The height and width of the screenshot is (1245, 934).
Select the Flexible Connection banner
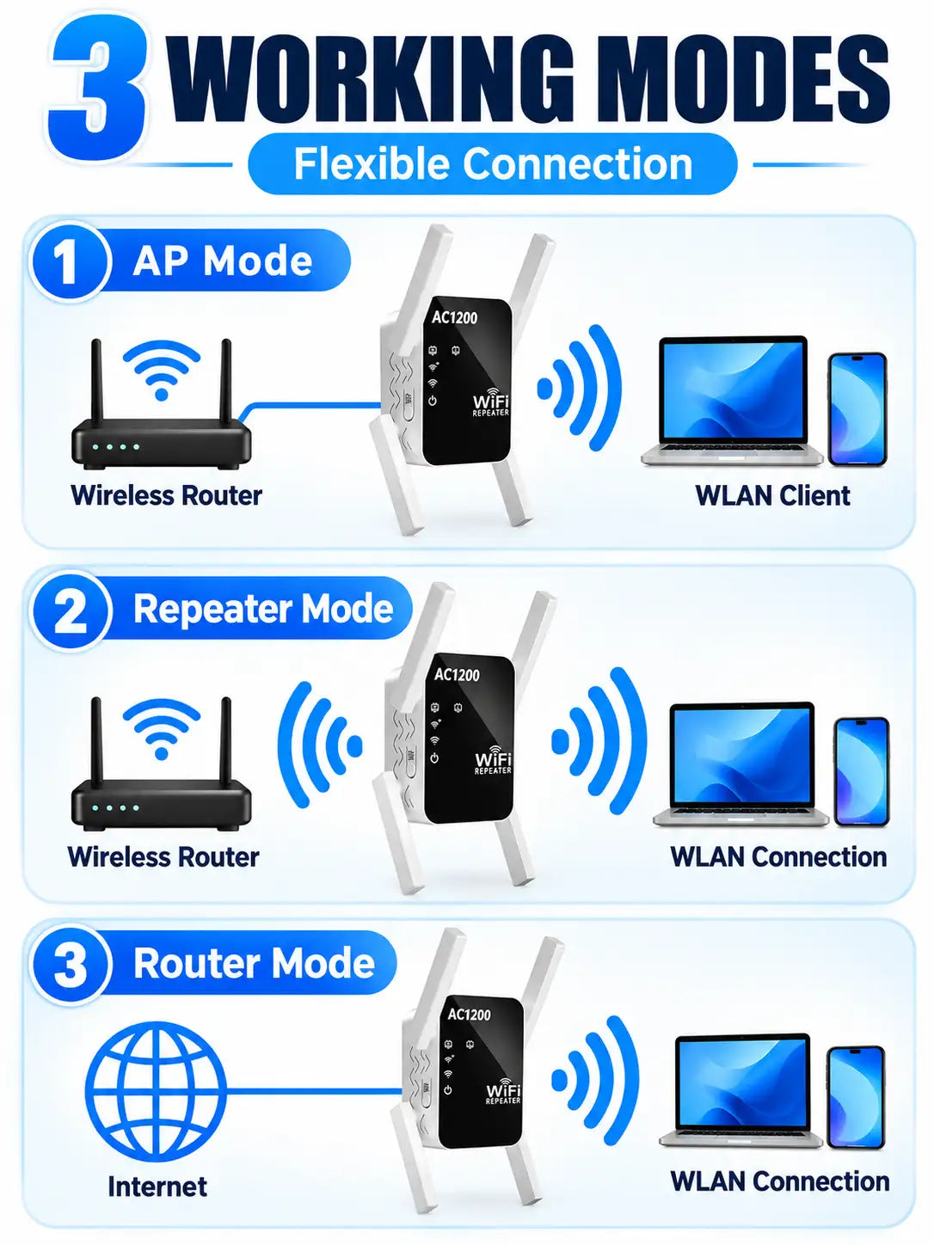tap(492, 164)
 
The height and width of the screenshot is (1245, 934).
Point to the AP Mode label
tap(222, 261)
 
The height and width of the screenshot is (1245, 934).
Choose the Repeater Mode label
tap(263, 609)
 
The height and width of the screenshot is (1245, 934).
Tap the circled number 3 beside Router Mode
tap(70, 964)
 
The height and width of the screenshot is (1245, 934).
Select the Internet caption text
tap(157, 1187)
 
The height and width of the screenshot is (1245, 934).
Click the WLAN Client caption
tap(772, 496)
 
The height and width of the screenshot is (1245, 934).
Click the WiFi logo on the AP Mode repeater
tap(490, 402)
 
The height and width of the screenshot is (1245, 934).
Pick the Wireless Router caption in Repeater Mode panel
tap(163, 857)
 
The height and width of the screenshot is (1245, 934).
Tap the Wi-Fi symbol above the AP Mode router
tap(162, 370)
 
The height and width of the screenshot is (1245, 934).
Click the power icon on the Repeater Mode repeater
tap(433, 757)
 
